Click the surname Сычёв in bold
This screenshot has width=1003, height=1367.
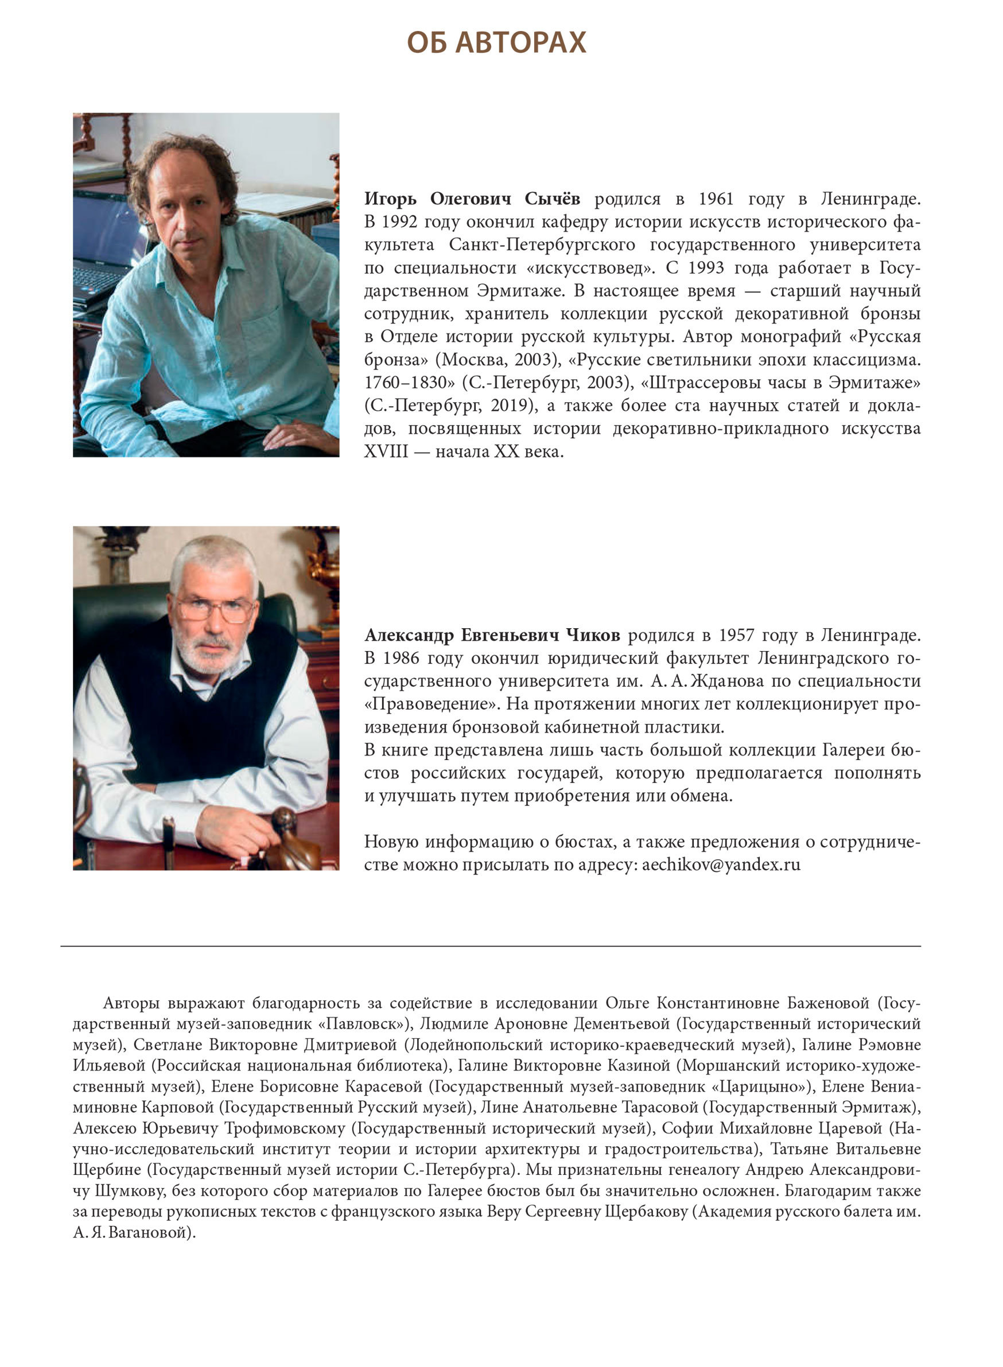[x=552, y=199]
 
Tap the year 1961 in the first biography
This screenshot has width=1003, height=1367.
[x=716, y=199]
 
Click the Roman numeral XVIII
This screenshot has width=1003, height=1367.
[x=386, y=452]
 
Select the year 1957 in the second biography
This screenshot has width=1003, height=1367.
[x=736, y=636]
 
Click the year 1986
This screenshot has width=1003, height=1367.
[x=401, y=659]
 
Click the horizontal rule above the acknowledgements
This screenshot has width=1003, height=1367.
[x=491, y=947]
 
